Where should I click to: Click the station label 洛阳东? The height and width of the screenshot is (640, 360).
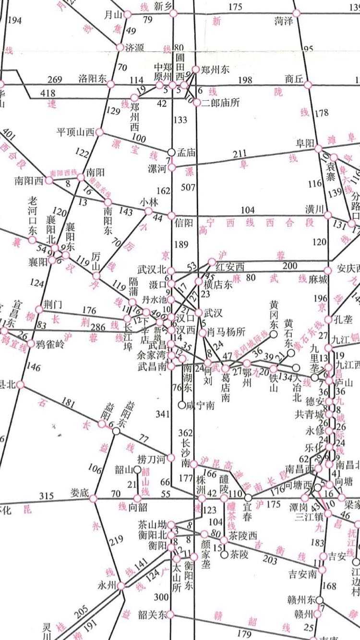coord(92,79)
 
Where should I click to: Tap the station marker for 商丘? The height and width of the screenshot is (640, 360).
coord(308,85)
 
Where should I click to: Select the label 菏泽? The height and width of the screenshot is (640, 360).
coord(284,21)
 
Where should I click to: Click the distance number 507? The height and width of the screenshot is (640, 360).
coord(188,187)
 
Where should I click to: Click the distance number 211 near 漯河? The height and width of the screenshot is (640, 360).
coord(240,154)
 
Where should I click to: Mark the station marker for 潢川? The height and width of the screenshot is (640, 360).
coord(328,215)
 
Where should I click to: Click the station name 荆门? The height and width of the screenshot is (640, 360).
coord(53,304)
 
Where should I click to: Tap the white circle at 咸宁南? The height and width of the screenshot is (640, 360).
coord(182,405)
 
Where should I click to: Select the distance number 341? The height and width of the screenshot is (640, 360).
coord(163,414)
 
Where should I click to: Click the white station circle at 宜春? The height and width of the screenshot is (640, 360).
coord(248,498)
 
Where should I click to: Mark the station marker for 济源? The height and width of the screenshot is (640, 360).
coord(120,47)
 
